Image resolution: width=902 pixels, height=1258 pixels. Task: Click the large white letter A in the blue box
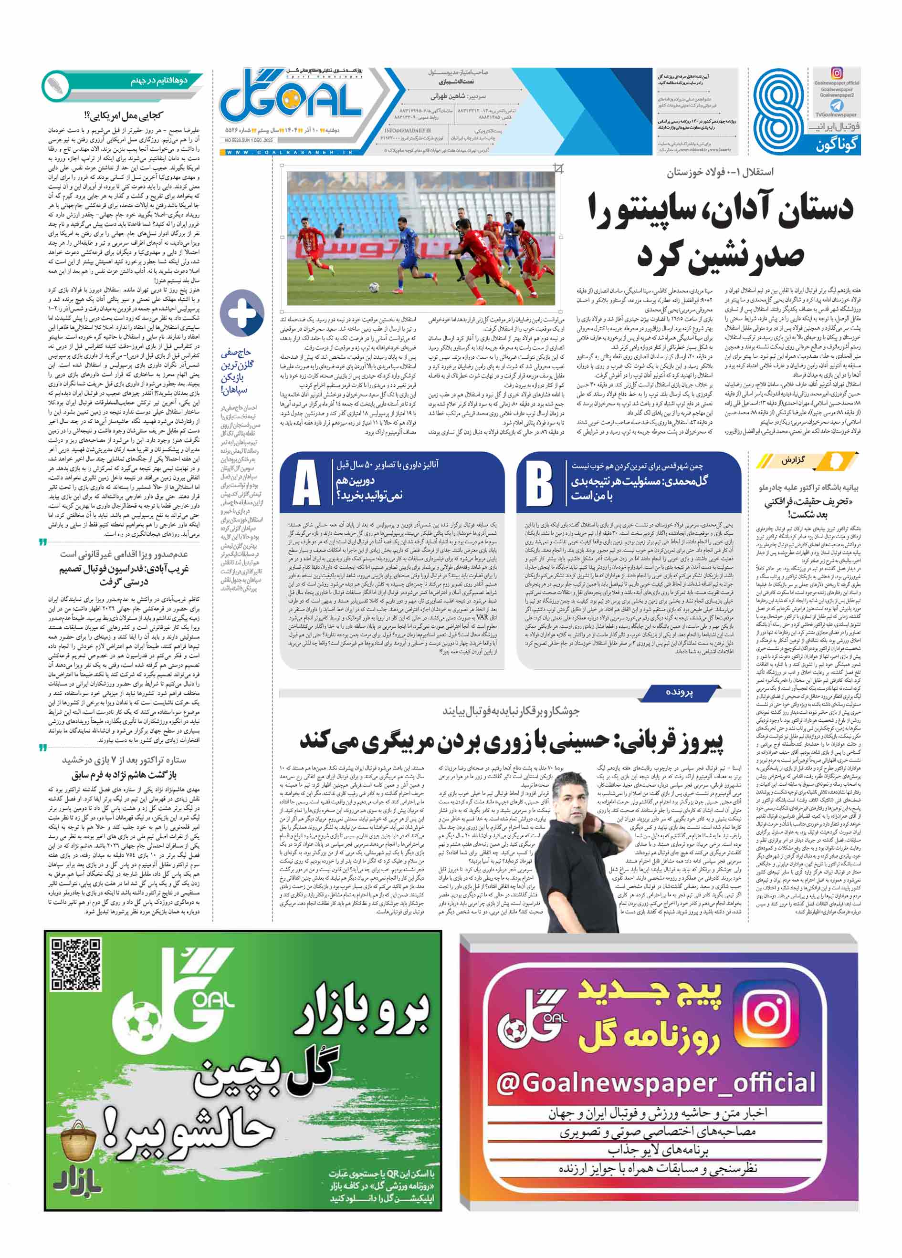click(305, 483)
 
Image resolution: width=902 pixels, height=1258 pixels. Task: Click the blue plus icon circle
click(242, 313)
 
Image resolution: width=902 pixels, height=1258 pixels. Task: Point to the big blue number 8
click(780, 110)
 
